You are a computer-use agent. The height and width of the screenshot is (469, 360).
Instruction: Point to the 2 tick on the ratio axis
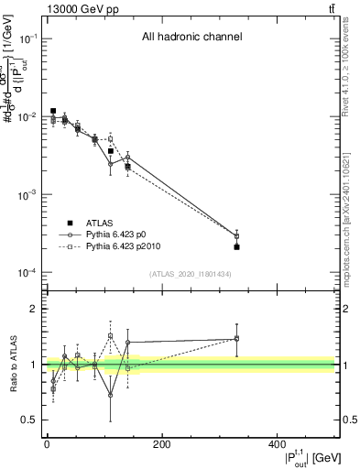pos(32,309)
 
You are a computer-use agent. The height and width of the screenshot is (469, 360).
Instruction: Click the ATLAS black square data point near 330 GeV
pos(237,246)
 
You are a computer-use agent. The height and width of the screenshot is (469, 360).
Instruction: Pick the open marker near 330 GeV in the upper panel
pos(237,235)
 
